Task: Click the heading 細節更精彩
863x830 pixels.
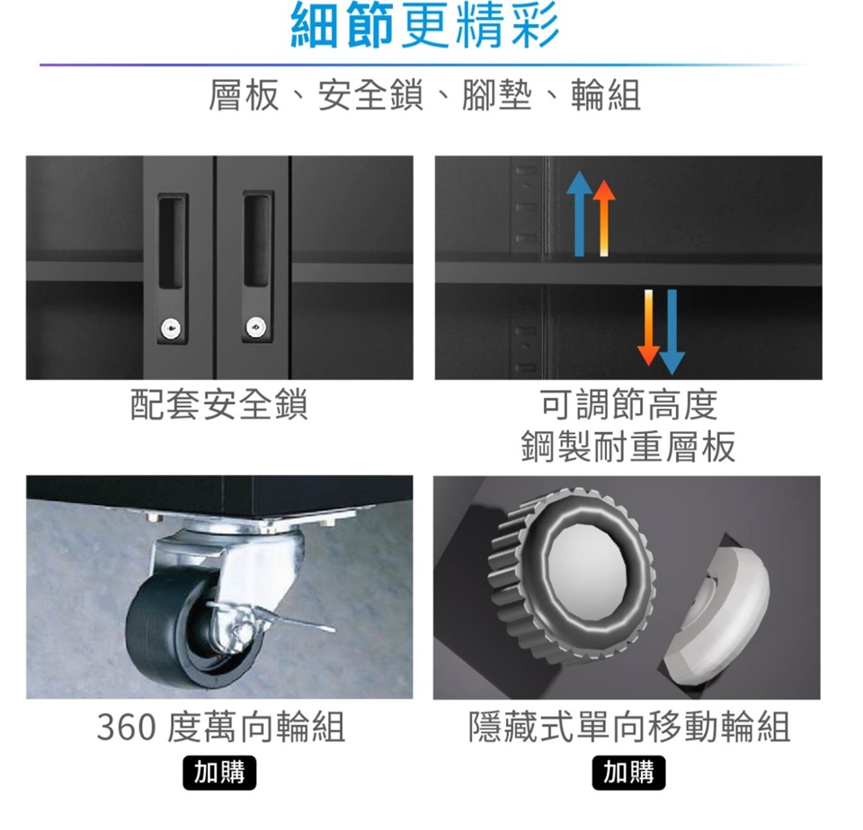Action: [425, 25]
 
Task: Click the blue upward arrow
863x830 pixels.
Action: [579, 214]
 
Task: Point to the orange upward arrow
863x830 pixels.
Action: [604, 217]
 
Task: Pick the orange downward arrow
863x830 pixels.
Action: [648, 327]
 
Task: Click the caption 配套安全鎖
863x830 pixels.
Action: [219, 403]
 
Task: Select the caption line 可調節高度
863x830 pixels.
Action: [629, 403]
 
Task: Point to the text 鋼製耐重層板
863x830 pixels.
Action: [628, 446]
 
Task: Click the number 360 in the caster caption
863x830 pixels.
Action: [127, 727]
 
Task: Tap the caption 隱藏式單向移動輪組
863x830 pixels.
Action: [629, 727]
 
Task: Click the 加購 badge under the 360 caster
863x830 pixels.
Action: [219, 773]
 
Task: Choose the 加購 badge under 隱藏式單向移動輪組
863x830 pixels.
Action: [628, 773]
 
